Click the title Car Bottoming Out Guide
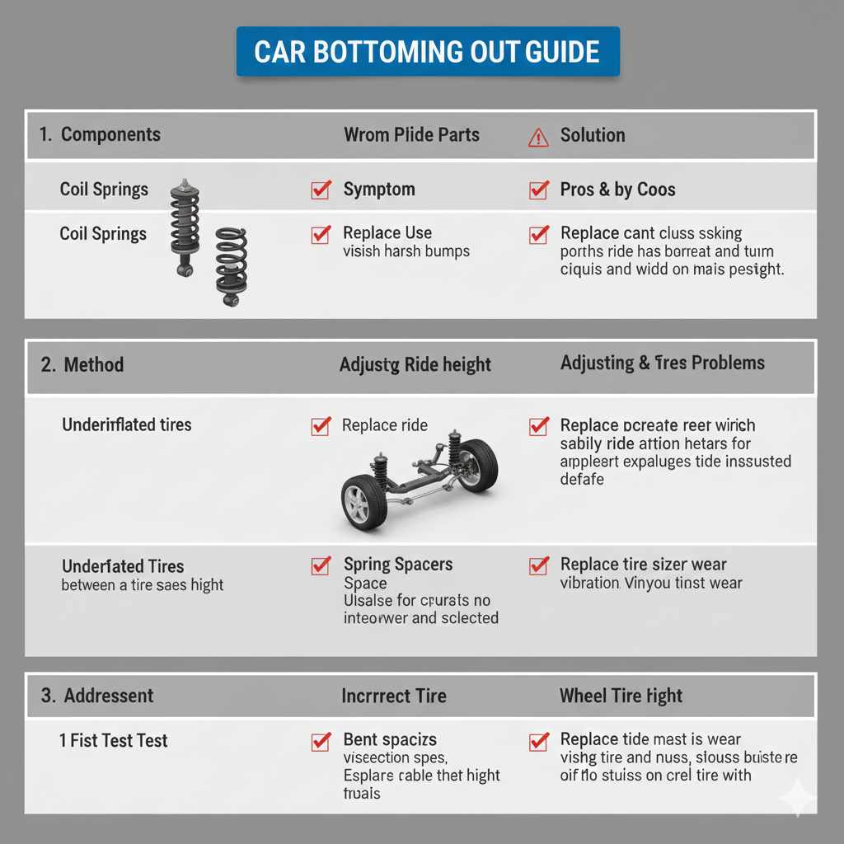pyautogui.click(x=427, y=51)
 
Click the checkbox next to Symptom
pyautogui.click(x=321, y=190)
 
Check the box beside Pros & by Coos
pyautogui.click(x=538, y=190)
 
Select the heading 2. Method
pyautogui.click(x=82, y=364)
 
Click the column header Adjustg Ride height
pyautogui.click(x=415, y=364)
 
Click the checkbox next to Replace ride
pyautogui.click(x=321, y=425)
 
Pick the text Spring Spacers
pyautogui.click(x=398, y=565)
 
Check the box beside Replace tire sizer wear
pyautogui.click(x=538, y=565)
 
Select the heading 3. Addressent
pyautogui.click(x=97, y=696)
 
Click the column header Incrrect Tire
pyautogui.click(x=394, y=696)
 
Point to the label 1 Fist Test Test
pyautogui.click(x=113, y=740)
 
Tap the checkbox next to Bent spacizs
pyautogui.click(x=321, y=740)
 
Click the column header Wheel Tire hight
pyautogui.click(x=621, y=696)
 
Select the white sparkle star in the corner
pyautogui.click(x=798, y=797)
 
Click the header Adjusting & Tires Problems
pyautogui.click(x=662, y=363)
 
